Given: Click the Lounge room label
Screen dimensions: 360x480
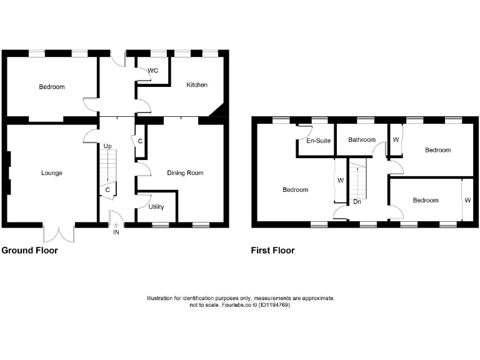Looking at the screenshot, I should pyautogui.click(x=51, y=173).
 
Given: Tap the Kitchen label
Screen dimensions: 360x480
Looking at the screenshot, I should pyautogui.click(x=197, y=85).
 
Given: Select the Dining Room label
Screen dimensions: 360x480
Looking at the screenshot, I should pyautogui.click(x=185, y=173).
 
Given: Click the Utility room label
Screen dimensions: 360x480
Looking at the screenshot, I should pyautogui.click(x=156, y=207).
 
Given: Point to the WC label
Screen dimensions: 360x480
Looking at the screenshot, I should pyautogui.click(x=153, y=71).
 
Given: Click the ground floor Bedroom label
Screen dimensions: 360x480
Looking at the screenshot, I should pyautogui.click(x=51, y=87).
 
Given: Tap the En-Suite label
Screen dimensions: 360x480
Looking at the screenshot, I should pyautogui.click(x=318, y=141).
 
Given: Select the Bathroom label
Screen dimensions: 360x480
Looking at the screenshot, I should pyautogui.click(x=362, y=140).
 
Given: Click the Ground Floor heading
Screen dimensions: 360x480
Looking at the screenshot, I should pyautogui.click(x=29, y=251).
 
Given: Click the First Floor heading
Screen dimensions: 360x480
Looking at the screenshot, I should pyautogui.click(x=272, y=251).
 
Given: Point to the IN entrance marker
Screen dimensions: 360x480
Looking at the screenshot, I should pyautogui.click(x=116, y=232).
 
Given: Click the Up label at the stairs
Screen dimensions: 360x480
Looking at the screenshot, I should pyautogui.click(x=107, y=146).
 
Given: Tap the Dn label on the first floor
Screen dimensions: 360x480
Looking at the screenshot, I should pyautogui.click(x=357, y=202).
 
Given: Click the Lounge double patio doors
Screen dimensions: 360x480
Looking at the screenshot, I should pyautogui.click(x=59, y=232).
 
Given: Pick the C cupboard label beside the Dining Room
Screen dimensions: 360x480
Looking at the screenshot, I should pyautogui.click(x=140, y=141).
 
